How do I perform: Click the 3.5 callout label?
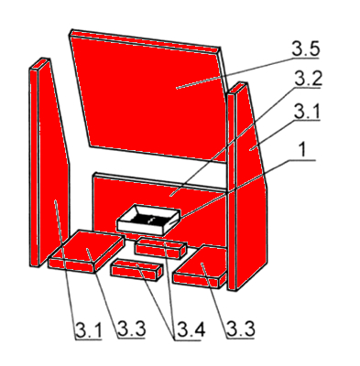pyautogui.click(x=306, y=48)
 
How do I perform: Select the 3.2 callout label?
pyautogui.click(x=308, y=79)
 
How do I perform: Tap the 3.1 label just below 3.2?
pyautogui.click(x=307, y=112)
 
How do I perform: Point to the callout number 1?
pyautogui.click(x=302, y=151)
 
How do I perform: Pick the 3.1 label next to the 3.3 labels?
pyautogui.click(x=89, y=330)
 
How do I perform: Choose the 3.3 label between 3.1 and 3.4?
pyautogui.click(x=132, y=329)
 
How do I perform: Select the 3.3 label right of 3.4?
pyautogui.click(x=241, y=329)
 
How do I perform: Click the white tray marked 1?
pyautogui.click(x=148, y=220)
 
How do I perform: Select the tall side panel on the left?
pyautogui.click(x=49, y=162)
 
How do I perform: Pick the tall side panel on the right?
pyautogui.click(x=247, y=186)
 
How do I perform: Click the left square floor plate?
pyautogui.click(x=87, y=251)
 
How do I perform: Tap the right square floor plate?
pyautogui.click(x=200, y=267)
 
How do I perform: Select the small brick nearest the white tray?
pyautogui.click(x=161, y=248)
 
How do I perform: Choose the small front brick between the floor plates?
pyautogui.click(x=136, y=268)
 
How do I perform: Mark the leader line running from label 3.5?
pyautogui.click(x=235, y=72)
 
